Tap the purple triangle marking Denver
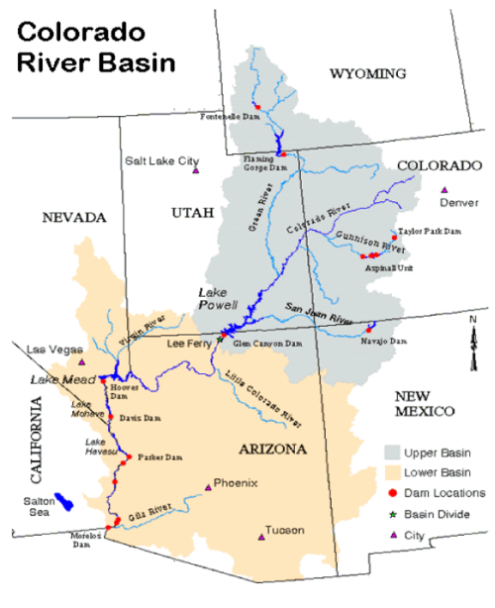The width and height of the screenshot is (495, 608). pyautogui.click(x=444, y=189)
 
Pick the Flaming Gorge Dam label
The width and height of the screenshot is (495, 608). pyautogui.click(x=266, y=163)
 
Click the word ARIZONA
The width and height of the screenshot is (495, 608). pyautogui.click(x=273, y=450)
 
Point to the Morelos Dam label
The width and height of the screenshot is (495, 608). pyautogui.click(x=87, y=541)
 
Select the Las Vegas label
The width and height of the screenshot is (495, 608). pyautogui.click(x=50, y=350)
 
